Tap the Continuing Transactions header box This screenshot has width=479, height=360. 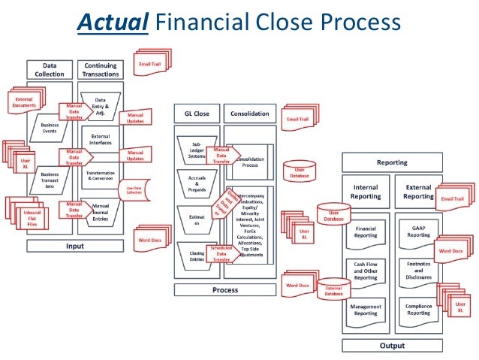pos(100,70)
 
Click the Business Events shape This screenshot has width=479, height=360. pos(50,127)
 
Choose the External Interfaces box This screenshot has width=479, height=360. pos(100,141)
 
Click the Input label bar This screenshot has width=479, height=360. pos(74,245)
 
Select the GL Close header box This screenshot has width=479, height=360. pos(197,114)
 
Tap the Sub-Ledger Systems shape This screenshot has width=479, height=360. pos(196,150)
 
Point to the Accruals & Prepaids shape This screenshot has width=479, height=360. pos(196,185)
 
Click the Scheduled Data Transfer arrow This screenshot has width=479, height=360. pos(223,254)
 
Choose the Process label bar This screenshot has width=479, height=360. pos(225,289)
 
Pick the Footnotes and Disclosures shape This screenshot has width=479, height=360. pos(418,271)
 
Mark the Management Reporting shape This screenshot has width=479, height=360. pos(366,310)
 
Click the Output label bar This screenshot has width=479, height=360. pos(391,346)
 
